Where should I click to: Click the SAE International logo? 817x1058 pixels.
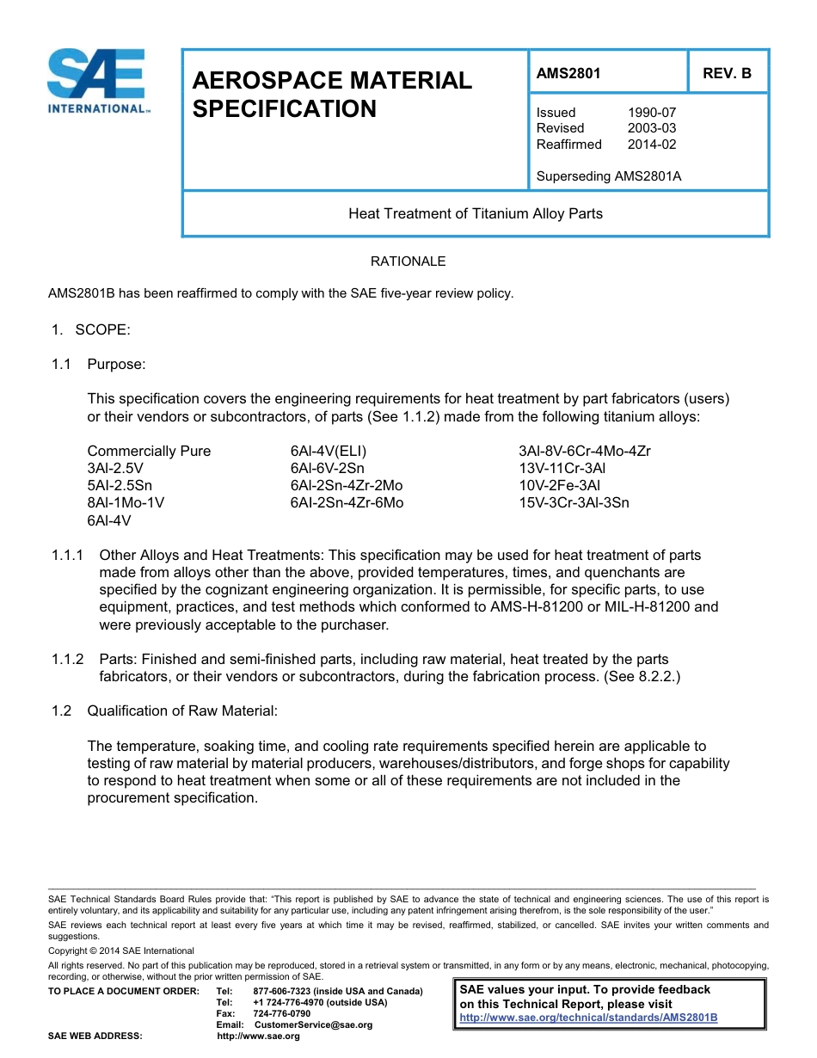(100, 81)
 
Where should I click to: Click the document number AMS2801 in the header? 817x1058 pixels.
(568, 74)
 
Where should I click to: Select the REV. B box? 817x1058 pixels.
(727, 74)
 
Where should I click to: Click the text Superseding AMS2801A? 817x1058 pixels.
(608, 176)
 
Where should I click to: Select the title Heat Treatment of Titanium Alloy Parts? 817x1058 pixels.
(475, 213)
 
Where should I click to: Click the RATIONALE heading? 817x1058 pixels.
(408, 261)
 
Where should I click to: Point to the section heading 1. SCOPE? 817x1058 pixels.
(90, 329)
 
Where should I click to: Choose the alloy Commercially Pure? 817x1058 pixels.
(149, 452)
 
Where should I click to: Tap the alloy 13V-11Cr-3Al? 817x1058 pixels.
(562, 469)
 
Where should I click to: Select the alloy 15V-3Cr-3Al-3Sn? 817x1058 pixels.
(574, 503)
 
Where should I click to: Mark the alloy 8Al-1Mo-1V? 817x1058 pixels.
(126, 503)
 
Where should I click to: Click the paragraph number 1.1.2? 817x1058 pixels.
(67, 659)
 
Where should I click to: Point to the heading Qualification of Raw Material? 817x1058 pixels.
(182, 710)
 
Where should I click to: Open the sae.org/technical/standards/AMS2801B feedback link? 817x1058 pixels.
(588, 1018)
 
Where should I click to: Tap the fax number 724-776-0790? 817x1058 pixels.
(281, 1014)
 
